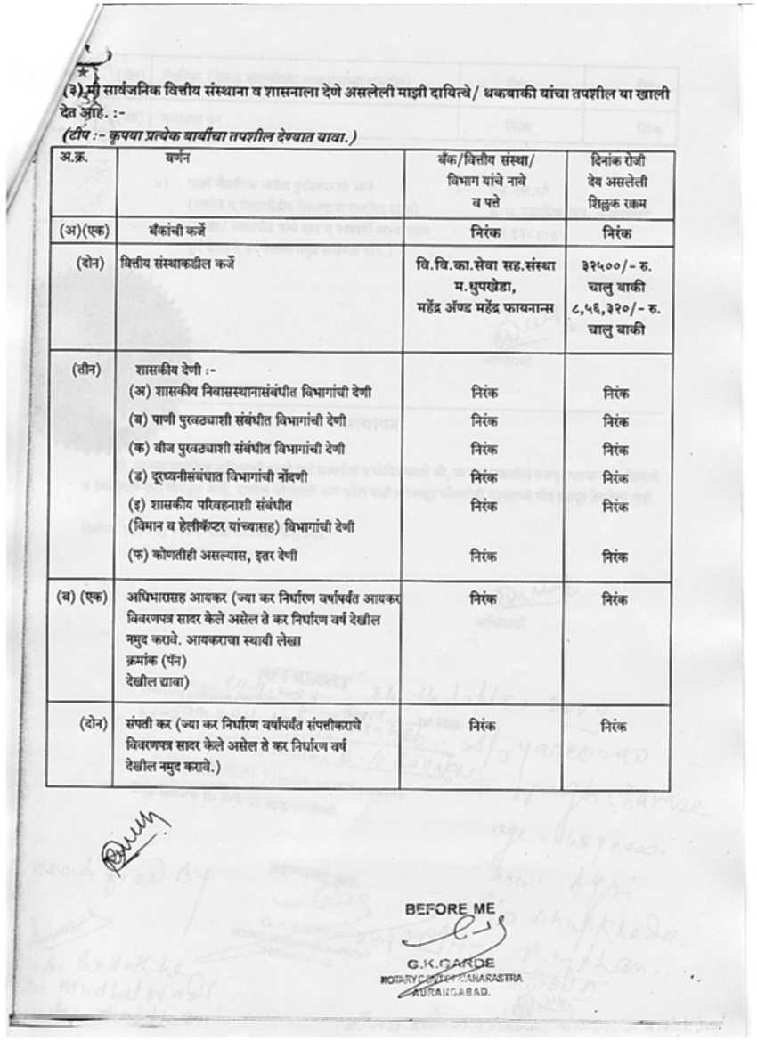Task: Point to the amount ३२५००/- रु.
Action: click(616, 265)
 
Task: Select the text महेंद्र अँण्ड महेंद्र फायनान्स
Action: click(484, 307)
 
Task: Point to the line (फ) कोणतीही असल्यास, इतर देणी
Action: click(225, 556)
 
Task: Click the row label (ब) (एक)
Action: click(80, 598)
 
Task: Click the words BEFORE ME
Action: click(449, 909)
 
